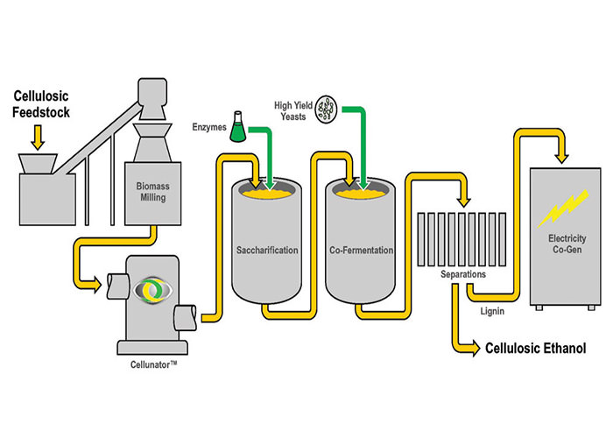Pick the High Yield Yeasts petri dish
[x=328, y=106]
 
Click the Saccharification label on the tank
[x=268, y=251]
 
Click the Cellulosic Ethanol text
[x=536, y=349]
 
